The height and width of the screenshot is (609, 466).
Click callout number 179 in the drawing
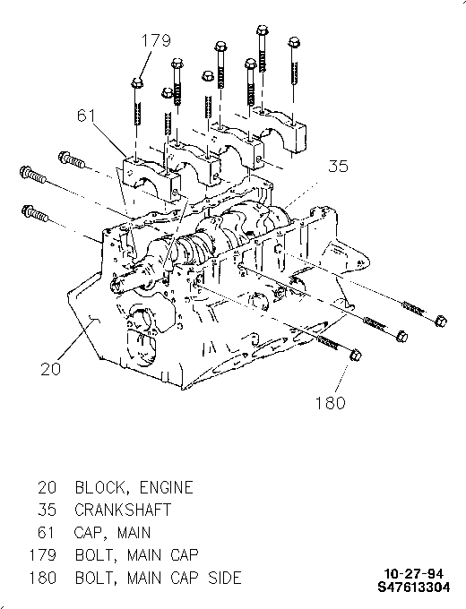coord(155,40)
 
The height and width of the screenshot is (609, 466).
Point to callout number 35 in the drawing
coord(339,166)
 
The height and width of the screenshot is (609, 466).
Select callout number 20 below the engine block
coord(50,368)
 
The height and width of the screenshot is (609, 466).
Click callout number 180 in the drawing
coord(330,403)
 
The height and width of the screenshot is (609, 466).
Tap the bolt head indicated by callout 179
coord(137,83)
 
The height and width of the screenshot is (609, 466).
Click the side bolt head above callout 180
coord(355,355)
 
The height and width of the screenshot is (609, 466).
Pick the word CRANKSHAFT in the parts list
coord(123,510)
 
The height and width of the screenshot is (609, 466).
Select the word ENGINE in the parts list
coord(166,487)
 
